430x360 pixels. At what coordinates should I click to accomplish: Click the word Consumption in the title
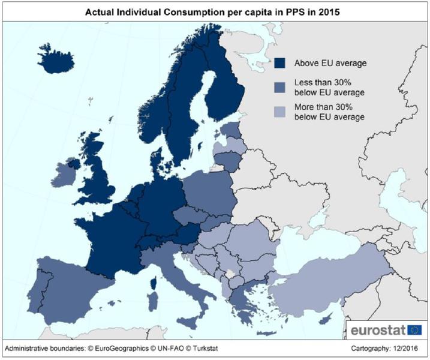[206, 12]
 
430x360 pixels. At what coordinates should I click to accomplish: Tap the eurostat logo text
[378, 329]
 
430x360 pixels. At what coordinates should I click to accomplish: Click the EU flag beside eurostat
[415, 329]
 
